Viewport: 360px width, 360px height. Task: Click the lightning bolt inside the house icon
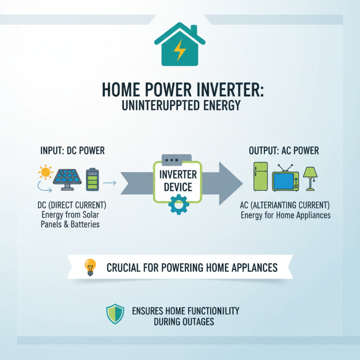click(180, 50)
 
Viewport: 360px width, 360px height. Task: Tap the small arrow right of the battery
click(109, 183)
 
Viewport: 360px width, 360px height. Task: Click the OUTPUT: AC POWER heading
click(283, 151)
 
